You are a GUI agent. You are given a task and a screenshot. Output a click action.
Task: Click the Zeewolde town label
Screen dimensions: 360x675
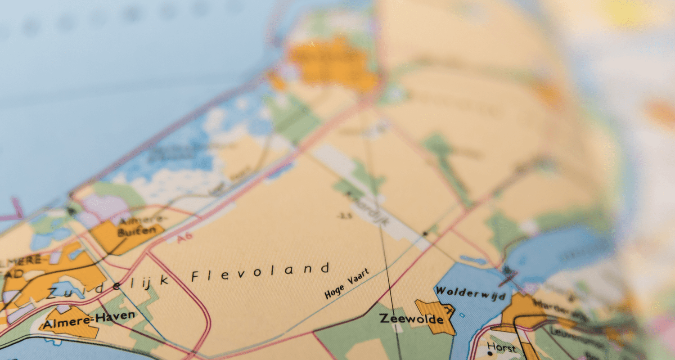(411, 319)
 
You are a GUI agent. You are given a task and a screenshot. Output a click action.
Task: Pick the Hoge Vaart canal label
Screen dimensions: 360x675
(347, 283)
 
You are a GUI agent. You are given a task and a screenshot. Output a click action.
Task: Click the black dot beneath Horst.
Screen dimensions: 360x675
(490, 354)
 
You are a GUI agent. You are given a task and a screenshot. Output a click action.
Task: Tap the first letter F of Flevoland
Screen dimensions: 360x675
(195, 276)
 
